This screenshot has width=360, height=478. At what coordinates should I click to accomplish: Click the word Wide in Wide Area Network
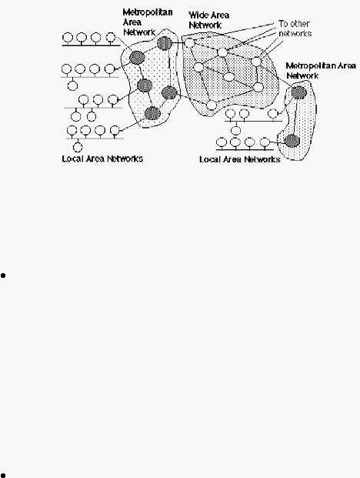point(197,15)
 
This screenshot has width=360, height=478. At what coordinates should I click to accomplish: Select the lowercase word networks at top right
point(295,33)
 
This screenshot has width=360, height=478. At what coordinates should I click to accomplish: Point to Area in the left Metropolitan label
point(132,22)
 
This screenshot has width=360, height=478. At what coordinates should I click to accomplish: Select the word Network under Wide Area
point(205,25)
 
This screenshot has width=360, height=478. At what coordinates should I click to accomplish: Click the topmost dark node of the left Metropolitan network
point(165,43)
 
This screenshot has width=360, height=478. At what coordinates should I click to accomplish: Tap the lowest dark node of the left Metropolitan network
point(152,113)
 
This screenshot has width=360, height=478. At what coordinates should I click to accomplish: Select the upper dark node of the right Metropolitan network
point(298,92)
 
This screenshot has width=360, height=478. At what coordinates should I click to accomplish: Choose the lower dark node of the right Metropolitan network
point(292,141)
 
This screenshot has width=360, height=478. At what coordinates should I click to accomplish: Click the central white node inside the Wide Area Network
point(228,77)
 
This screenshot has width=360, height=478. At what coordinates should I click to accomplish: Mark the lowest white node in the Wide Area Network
point(212,105)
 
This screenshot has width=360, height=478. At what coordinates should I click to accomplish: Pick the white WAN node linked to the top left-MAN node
point(189,43)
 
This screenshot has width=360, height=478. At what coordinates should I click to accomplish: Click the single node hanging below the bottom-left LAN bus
point(78,148)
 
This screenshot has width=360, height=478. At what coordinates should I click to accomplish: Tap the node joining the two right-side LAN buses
point(235,131)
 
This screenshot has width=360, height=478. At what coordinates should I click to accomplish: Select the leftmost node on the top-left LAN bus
point(68,38)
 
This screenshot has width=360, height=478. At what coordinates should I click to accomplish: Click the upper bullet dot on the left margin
point(3,276)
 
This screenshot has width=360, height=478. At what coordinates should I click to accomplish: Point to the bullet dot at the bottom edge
point(3,475)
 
